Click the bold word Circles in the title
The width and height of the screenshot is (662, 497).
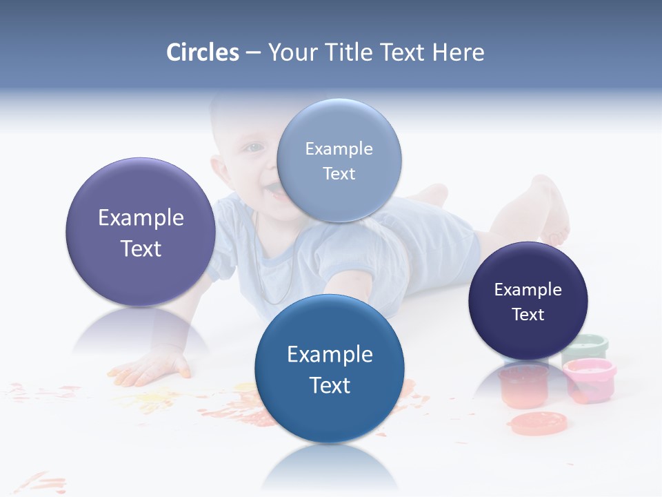coord(203,52)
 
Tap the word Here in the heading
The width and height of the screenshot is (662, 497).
coord(458,52)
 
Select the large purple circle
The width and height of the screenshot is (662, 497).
coord(141,232)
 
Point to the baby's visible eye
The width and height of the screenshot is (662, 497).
coord(254,147)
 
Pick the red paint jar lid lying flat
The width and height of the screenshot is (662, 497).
coord(537,422)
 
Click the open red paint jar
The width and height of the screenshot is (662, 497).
coord(523,384)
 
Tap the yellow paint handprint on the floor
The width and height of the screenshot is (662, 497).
coord(148,399)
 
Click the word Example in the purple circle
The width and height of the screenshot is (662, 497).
coord(141,217)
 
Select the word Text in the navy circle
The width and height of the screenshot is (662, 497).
coord(528,314)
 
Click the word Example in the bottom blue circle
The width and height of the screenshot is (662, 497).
coord(330,354)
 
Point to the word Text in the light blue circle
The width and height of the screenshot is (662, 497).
coord(339,173)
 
